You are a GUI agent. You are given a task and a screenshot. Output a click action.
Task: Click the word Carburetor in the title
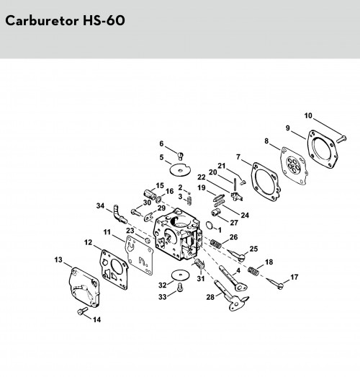[42, 20]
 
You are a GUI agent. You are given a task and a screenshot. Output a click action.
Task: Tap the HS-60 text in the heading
[104, 20]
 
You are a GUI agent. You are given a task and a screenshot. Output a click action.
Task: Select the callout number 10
[308, 115]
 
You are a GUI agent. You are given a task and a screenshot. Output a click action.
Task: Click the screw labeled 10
[341, 138]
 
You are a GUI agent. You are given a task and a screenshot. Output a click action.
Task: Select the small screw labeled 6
[181, 156]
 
